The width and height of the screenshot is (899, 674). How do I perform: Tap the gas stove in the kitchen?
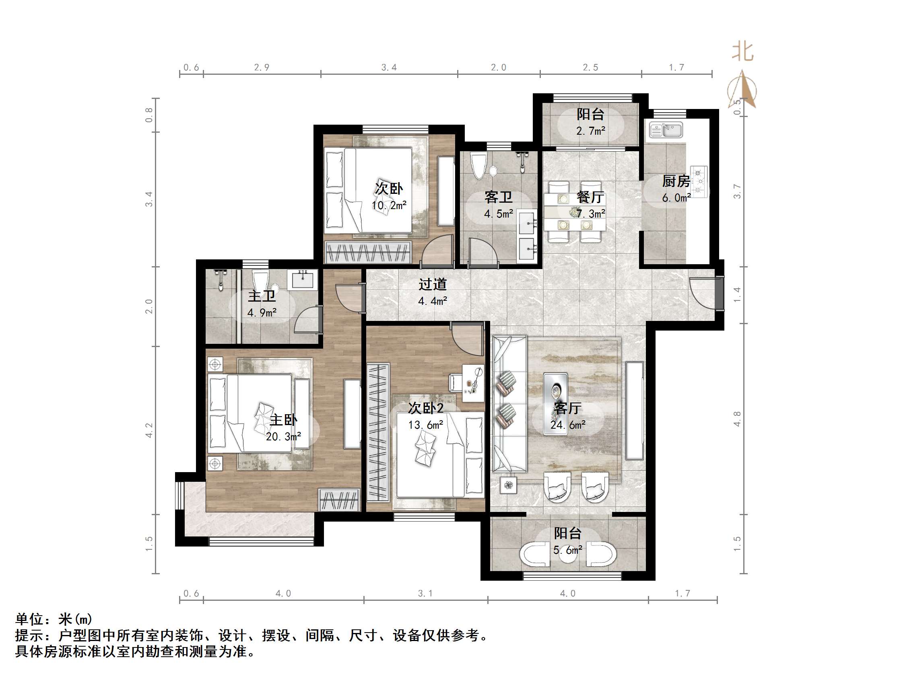coord(699,182)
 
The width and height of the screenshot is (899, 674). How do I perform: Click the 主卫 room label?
coord(262,296)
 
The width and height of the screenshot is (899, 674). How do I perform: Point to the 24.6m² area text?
coord(568,425)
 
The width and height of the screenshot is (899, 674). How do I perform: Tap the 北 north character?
coord(742,52)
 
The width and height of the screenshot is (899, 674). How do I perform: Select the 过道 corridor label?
coord(433,284)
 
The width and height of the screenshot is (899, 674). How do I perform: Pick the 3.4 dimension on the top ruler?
coord(389,68)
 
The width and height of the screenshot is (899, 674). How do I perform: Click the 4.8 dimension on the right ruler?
coord(737,419)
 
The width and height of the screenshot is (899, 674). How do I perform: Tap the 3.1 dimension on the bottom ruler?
coord(425,594)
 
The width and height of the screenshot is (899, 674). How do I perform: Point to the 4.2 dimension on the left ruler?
coord(149,430)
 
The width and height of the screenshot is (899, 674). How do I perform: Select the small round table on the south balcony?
coord(567,555)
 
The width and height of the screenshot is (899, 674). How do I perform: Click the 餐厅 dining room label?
coord(590,197)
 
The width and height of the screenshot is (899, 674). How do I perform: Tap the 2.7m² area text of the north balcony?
coord(590,131)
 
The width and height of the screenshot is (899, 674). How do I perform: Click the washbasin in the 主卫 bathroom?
coord(302,279)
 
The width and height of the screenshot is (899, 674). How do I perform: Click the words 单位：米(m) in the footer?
coord(54,619)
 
